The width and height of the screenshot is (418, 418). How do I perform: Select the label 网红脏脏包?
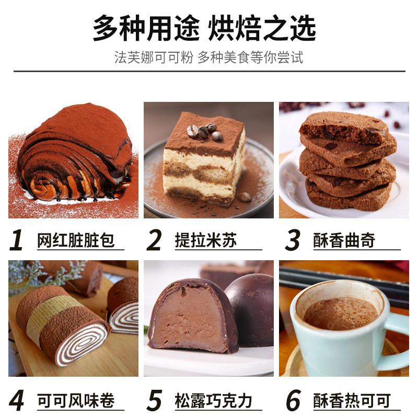point(76,241)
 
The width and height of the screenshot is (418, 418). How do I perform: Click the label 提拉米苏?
point(206,241)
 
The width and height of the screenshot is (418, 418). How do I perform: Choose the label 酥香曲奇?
point(344,241)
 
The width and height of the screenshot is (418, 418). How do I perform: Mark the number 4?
point(17,401)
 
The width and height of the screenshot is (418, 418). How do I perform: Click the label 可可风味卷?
point(76,401)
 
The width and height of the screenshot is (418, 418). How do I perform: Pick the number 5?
point(155,401)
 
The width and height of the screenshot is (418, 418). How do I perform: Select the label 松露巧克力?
point(214,401)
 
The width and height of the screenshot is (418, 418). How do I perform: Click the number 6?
point(293,401)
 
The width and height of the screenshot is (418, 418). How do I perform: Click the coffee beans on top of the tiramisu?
point(202,131)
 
